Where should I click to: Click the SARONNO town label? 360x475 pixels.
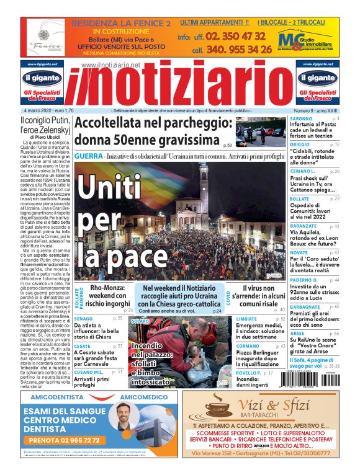[x=302, y=118]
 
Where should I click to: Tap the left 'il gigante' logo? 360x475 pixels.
[x=45, y=79]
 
